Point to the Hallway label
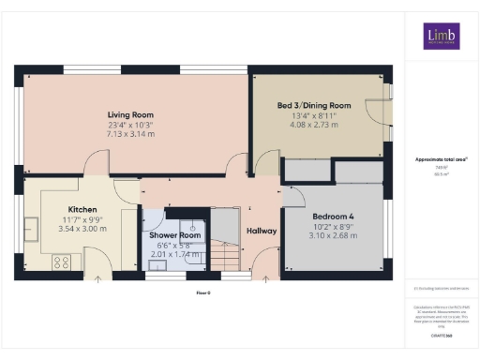pyautogui.click(x=261, y=231)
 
